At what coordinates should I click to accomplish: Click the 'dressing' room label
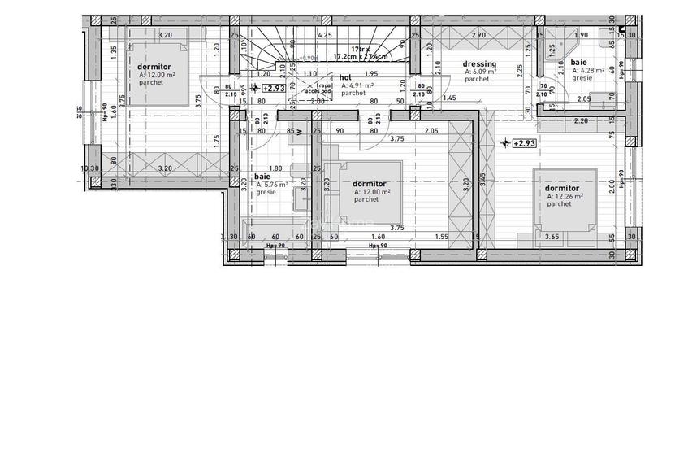tap(479, 64)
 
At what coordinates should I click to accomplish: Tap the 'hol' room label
tap(346, 77)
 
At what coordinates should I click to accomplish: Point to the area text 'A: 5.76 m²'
tap(272, 185)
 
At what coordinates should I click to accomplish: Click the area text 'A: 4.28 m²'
tap(587, 71)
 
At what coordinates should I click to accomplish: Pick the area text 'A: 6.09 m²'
tap(480, 72)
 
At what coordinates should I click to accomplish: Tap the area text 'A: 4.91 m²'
tap(357, 85)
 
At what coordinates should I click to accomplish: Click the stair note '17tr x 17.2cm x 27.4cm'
tap(360, 53)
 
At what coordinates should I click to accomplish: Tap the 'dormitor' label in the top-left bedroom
tap(154, 67)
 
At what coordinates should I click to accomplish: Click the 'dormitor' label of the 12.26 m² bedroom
tap(562, 188)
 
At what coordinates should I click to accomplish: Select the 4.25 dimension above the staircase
tap(325, 36)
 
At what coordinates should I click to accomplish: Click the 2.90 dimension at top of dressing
tap(478, 36)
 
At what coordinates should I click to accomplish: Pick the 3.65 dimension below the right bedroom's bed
tap(552, 237)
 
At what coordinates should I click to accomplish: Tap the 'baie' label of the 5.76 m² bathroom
tap(263, 177)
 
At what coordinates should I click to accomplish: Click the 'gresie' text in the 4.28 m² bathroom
tap(582, 78)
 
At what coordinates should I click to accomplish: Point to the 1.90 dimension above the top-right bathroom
tap(581, 36)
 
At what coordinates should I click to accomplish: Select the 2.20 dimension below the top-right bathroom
tap(580, 121)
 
